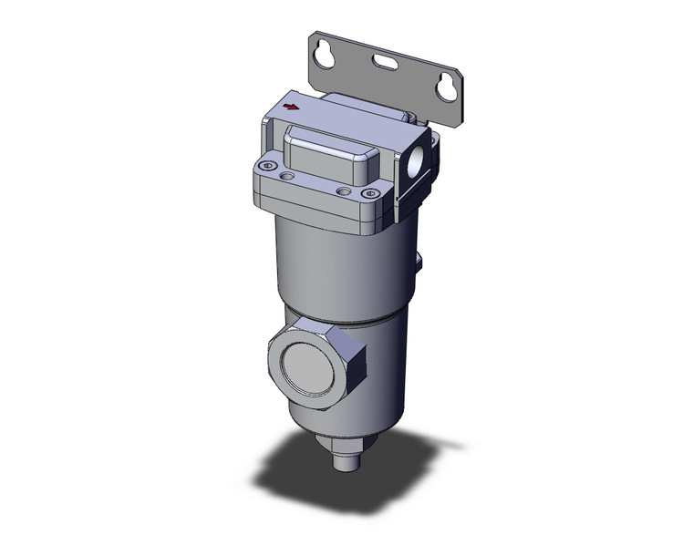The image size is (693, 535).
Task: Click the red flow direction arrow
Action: [291, 107]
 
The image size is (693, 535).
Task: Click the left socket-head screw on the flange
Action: [267, 166]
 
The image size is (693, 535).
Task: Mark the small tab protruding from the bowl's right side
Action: [420, 262]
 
